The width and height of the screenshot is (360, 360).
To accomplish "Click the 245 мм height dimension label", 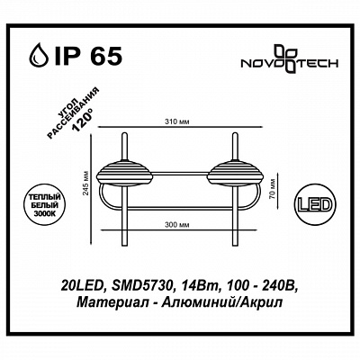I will (x=86, y=184).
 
